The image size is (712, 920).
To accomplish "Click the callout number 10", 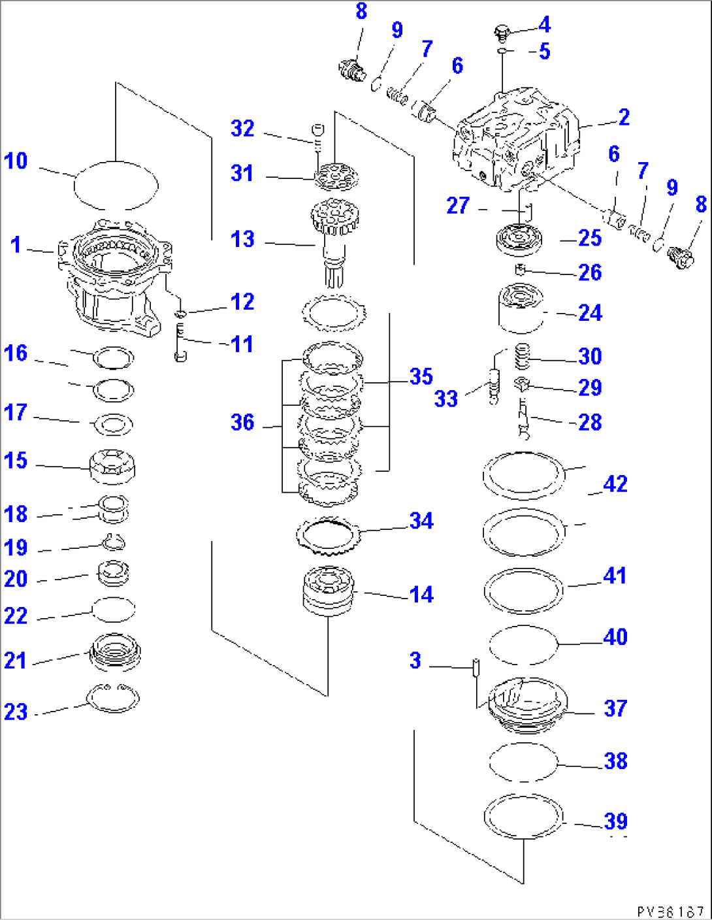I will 16,161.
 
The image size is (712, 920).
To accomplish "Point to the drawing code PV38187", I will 670,911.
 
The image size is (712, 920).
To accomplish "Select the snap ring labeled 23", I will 114,698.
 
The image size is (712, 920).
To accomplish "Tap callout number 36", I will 242,423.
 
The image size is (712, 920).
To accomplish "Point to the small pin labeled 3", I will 477,667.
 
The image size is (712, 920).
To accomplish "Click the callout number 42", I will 615,484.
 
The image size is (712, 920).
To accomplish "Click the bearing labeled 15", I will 113,466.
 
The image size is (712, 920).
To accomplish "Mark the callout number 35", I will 421,377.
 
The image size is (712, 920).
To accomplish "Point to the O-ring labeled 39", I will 523,816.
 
